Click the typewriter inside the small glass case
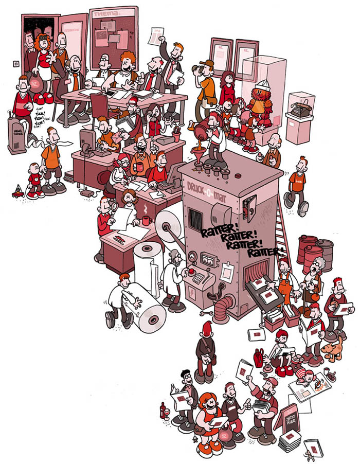point(299,110)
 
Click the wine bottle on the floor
point(164,411)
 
